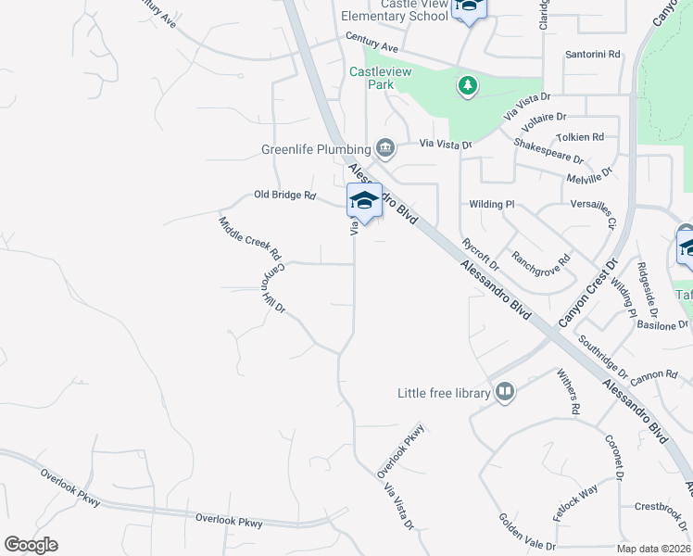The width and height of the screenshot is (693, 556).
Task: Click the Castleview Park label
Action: tap(372, 78)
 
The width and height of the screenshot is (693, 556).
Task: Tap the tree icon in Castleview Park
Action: tap(468, 86)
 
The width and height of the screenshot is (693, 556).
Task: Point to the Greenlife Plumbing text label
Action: tap(318, 149)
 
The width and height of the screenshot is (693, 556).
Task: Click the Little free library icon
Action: tap(505, 393)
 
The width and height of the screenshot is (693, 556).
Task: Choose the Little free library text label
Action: tap(443, 393)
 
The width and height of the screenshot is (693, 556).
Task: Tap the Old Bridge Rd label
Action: tap(285, 196)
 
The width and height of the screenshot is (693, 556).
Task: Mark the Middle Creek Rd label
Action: tap(249, 238)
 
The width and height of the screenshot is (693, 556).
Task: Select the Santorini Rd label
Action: tap(593, 55)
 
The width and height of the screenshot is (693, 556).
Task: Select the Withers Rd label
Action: tap(567, 391)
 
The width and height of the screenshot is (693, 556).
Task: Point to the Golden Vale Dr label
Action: tap(526, 532)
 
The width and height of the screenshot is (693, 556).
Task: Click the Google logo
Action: tap(31, 545)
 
